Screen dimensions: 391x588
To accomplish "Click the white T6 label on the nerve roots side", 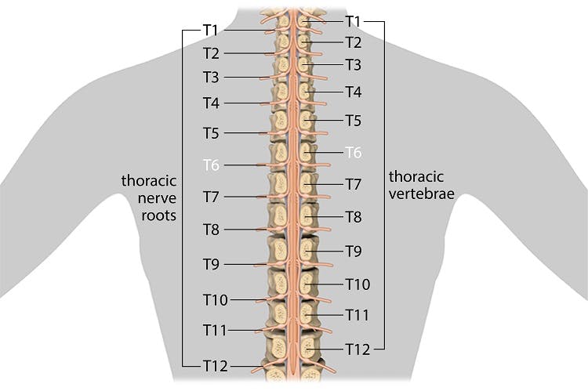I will tap(211, 165).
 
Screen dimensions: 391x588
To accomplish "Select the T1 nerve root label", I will tap(211, 30).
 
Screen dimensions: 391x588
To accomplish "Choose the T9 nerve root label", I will tap(211, 264).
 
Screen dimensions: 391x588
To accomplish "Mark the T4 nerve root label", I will tap(211, 103).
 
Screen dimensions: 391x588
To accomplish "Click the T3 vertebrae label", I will tap(353, 64).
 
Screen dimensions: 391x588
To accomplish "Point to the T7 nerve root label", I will tap(211, 196).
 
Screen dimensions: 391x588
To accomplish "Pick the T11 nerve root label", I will tap(214, 329).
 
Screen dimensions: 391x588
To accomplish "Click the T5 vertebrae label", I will tap(353, 121).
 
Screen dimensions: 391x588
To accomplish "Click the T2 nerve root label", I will tap(211, 53).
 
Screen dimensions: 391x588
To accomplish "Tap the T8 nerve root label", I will tap(211, 230).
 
